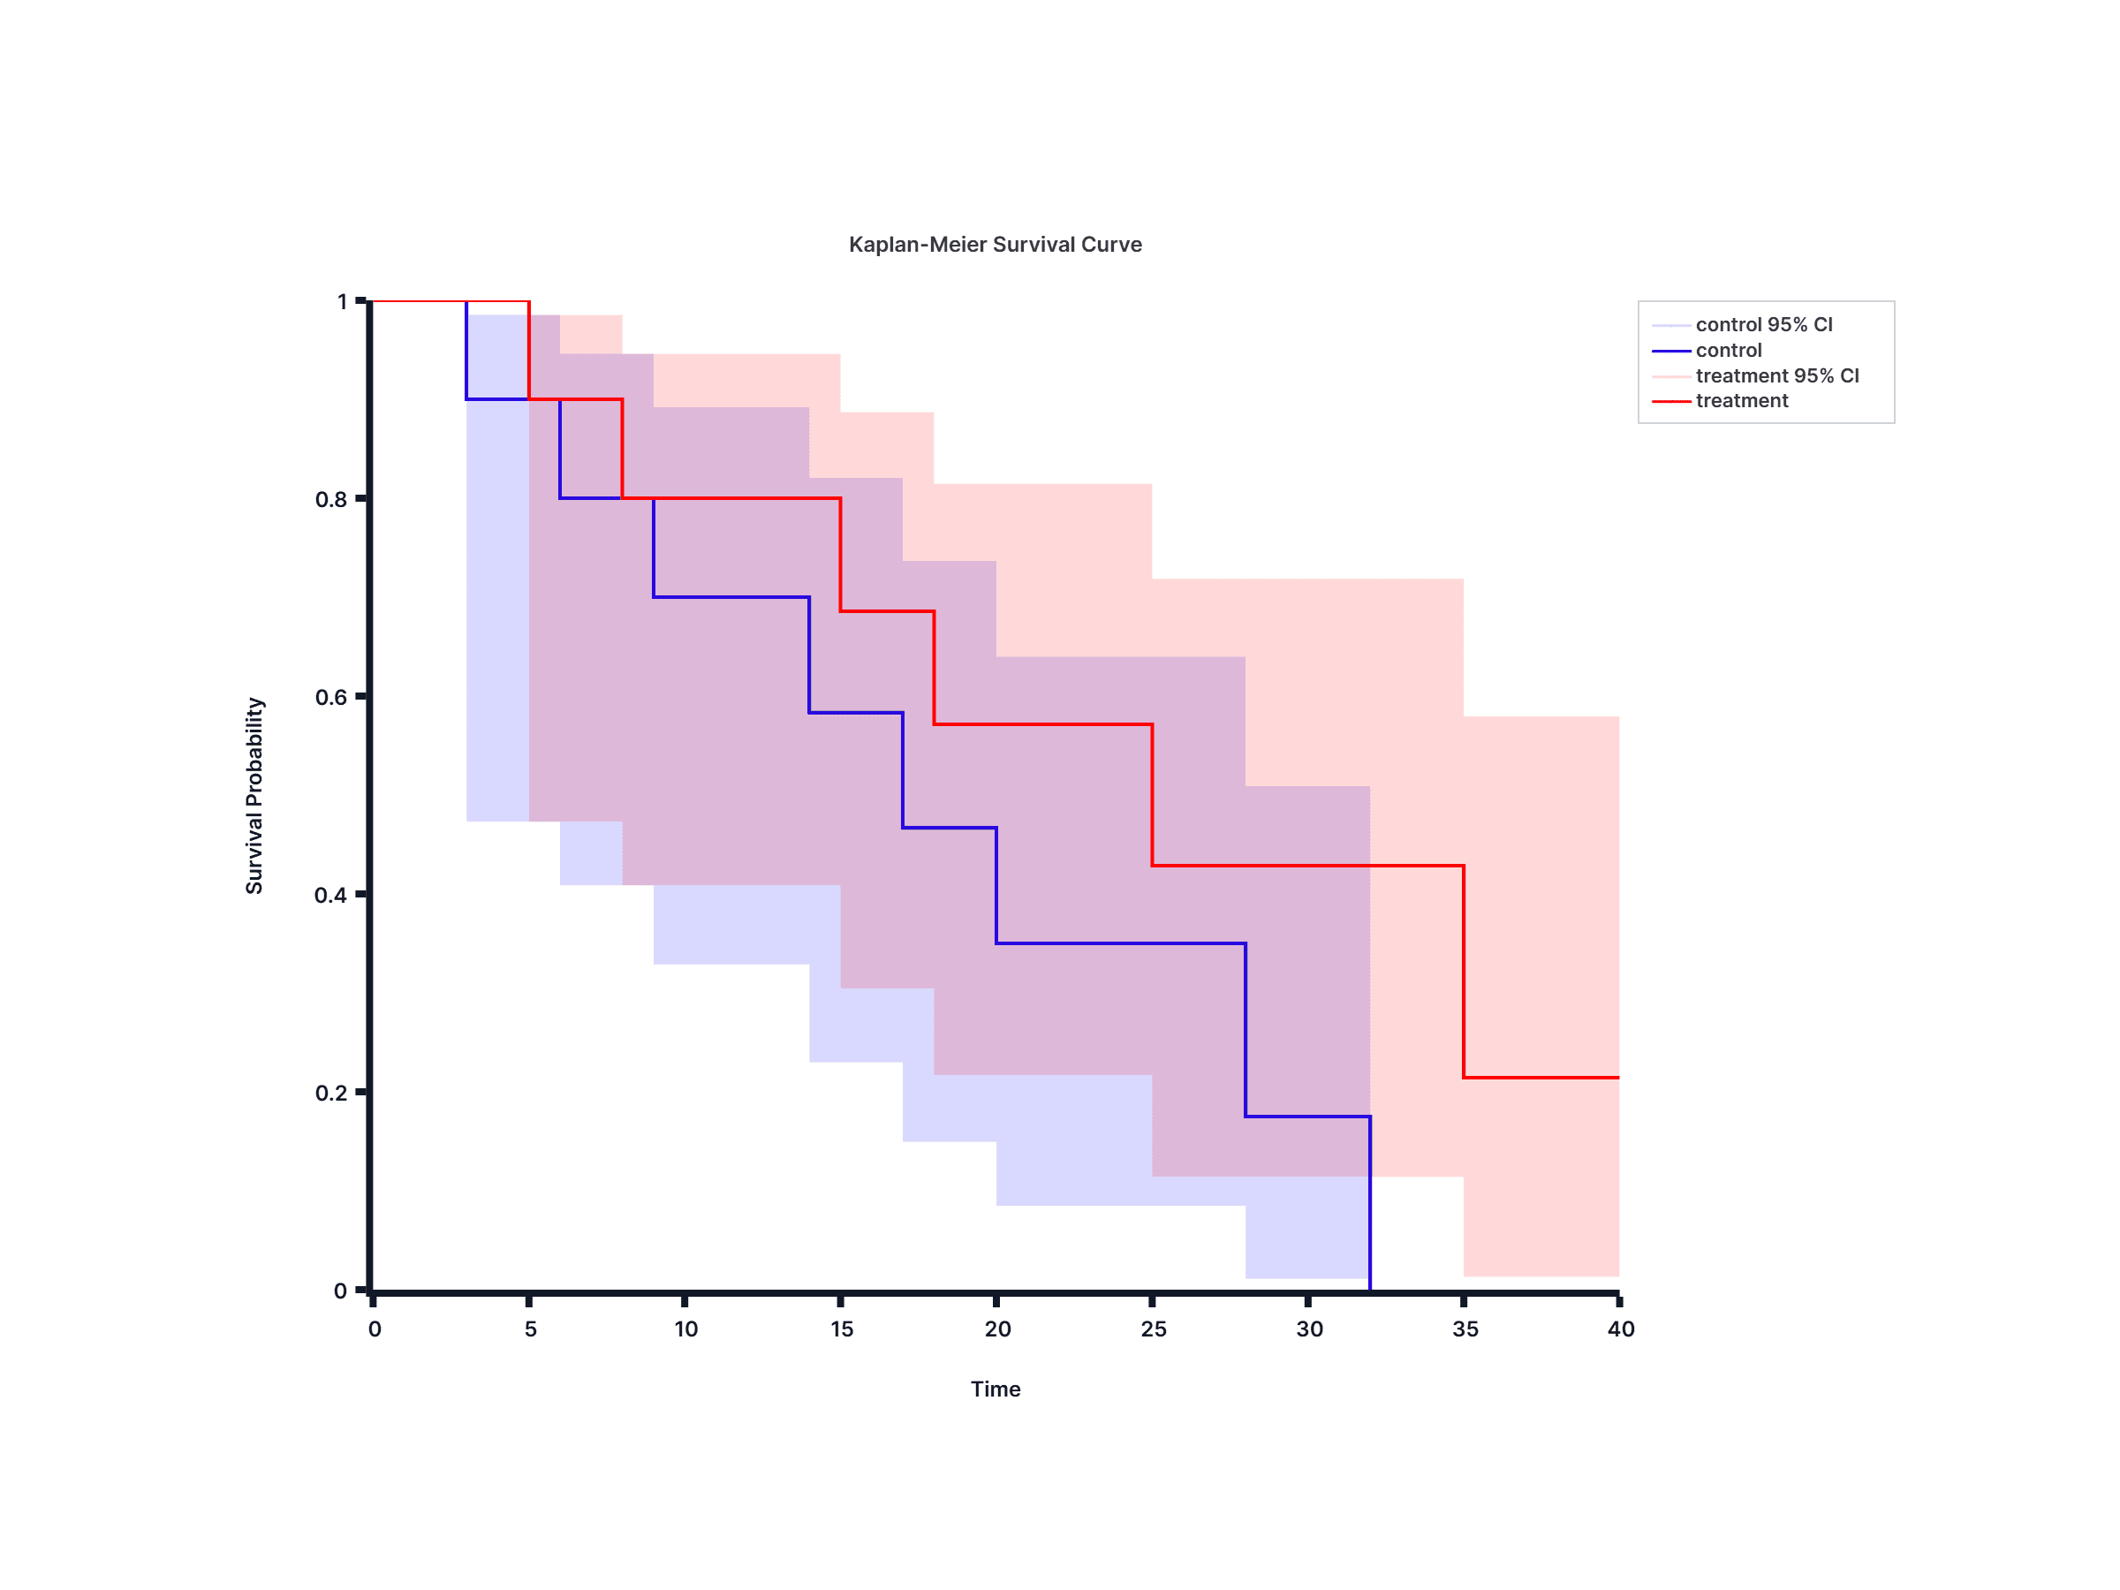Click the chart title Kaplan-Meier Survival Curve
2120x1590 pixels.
tap(995, 245)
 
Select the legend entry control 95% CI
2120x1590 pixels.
tap(1762, 325)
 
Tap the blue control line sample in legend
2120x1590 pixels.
tap(1670, 351)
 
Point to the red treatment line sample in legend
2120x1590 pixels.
tap(1670, 402)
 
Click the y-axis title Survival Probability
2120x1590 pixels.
tap(254, 796)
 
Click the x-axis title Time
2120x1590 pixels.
tap(995, 1389)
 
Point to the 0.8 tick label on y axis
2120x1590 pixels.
tap(330, 499)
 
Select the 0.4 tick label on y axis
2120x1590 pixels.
tap(330, 895)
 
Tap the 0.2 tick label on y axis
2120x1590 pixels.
tap(330, 1093)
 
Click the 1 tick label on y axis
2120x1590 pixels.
tap(342, 302)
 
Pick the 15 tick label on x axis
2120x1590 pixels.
tap(842, 1329)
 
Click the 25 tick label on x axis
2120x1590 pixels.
tap(1153, 1329)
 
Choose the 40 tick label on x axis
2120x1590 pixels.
tap(1621, 1329)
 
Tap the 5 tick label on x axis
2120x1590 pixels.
tap(530, 1329)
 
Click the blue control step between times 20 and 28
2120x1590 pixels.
tap(1120, 943)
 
